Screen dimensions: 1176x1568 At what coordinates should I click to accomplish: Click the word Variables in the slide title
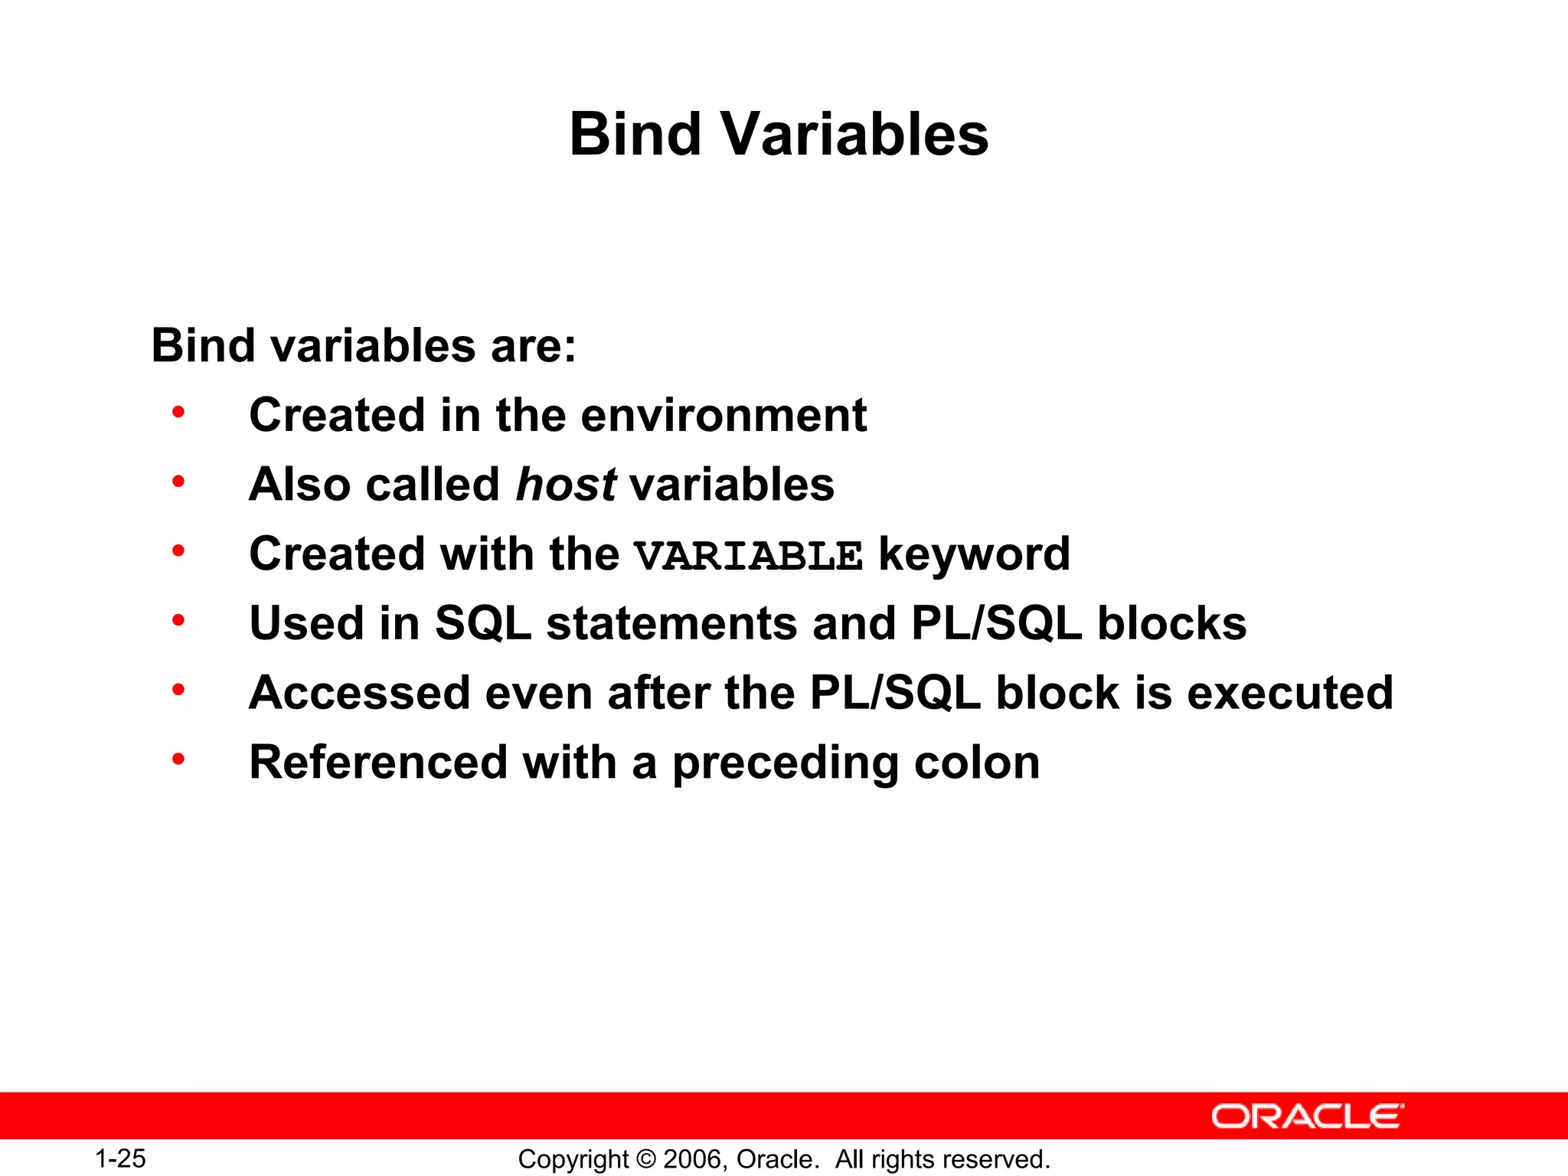tap(854, 135)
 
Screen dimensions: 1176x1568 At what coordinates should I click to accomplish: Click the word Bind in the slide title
tap(635, 135)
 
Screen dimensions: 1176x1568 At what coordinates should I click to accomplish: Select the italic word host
tap(566, 485)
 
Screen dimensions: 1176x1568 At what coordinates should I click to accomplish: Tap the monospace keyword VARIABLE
tap(748, 556)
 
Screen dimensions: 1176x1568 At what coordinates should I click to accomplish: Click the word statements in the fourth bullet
tap(671, 624)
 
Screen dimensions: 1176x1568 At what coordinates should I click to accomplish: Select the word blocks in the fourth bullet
tap(1171, 624)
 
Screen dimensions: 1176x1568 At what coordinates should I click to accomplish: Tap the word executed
tap(1290, 694)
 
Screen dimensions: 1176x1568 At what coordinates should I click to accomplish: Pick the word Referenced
tap(378, 763)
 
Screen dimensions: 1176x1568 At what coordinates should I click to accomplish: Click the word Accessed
tap(359, 694)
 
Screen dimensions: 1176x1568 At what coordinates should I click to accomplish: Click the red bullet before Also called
tap(178, 482)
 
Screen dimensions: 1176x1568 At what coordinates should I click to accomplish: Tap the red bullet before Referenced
tap(178, 759)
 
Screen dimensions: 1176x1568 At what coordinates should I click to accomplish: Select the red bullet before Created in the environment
tap(178, 413)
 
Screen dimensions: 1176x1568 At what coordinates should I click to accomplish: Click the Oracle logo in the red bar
tap(1307, 1116)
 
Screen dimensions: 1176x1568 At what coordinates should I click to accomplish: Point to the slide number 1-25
tap(120, 1158)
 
